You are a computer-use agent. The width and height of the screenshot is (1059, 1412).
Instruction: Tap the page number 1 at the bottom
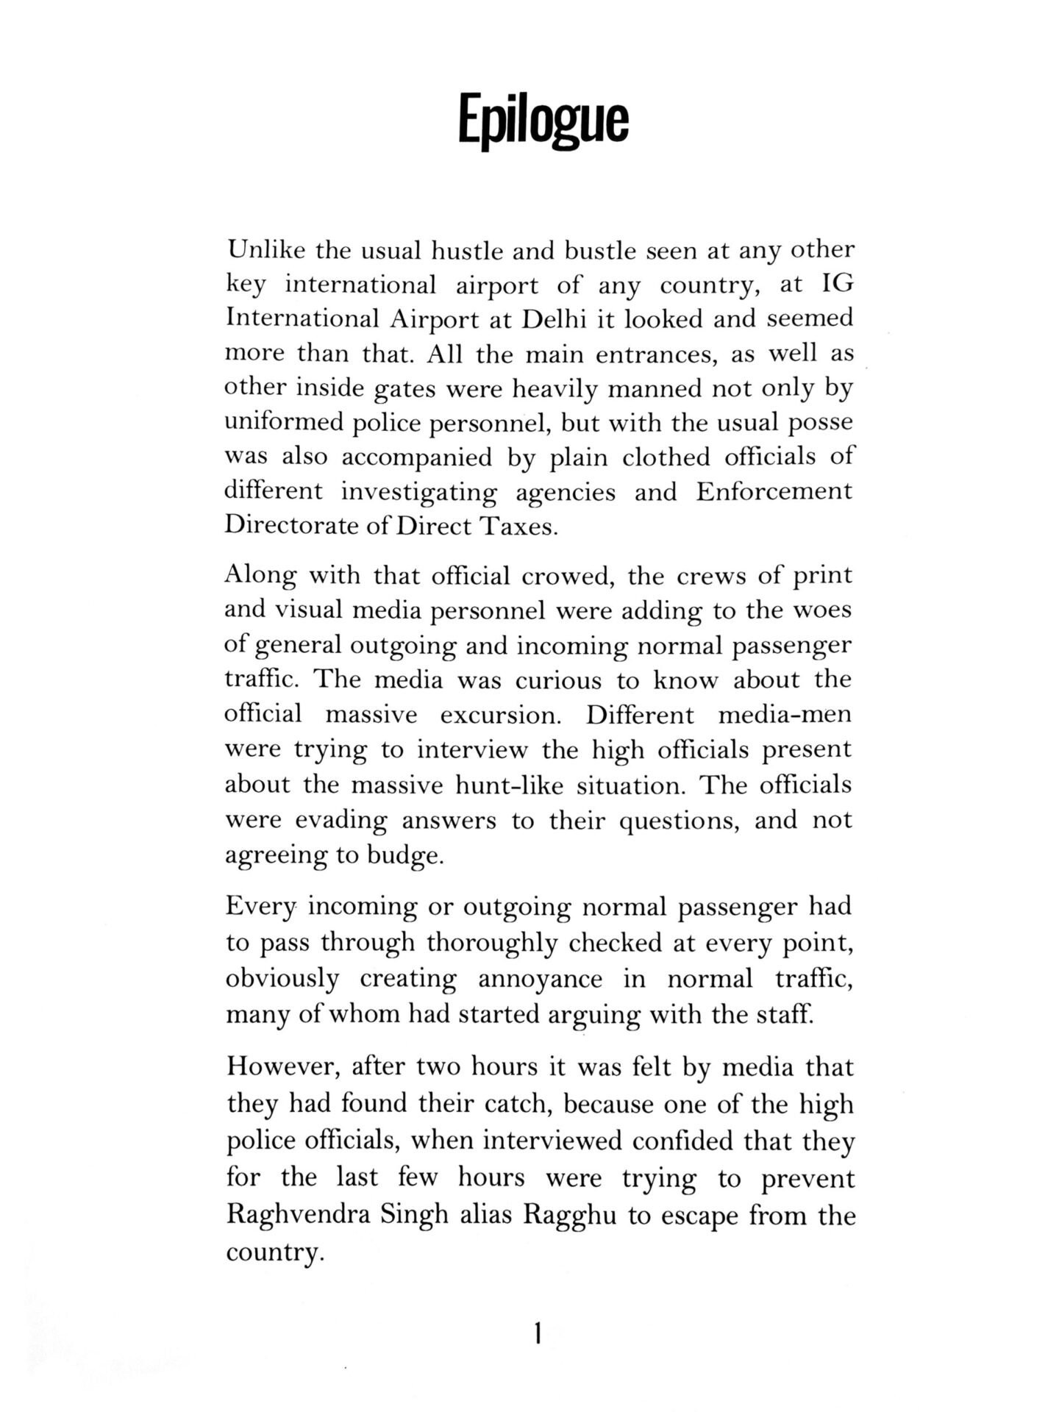(x=538, y=1333)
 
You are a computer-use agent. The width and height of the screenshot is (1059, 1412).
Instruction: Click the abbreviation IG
(x=836, y=285)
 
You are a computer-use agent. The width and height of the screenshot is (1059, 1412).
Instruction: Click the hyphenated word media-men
(x=784, y=715)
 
